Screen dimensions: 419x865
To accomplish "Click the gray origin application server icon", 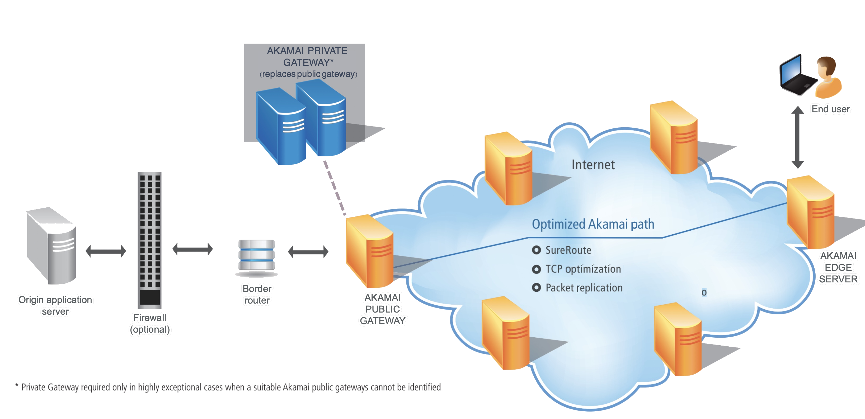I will [x=52, y=245].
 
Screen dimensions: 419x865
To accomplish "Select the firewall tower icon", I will [x=149, y=240].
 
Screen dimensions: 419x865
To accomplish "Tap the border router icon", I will [x=257, y=255].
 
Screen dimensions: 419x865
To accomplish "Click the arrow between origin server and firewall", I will [x=106, y=251].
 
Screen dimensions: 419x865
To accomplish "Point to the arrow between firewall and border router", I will [x=192, y=249].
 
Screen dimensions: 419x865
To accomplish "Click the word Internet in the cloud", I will [x=593, y=165].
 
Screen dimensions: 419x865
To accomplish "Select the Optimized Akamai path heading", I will [x=593, y=224].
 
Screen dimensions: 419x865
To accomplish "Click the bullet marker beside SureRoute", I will [x=536, y=250].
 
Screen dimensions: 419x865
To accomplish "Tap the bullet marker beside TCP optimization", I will [x=536, y=269].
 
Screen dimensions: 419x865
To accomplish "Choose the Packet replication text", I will [x=584, y=288].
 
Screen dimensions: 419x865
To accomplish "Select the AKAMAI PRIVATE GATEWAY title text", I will [x=307, y=57].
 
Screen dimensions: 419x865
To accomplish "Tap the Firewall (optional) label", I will [x=150, y=323].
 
